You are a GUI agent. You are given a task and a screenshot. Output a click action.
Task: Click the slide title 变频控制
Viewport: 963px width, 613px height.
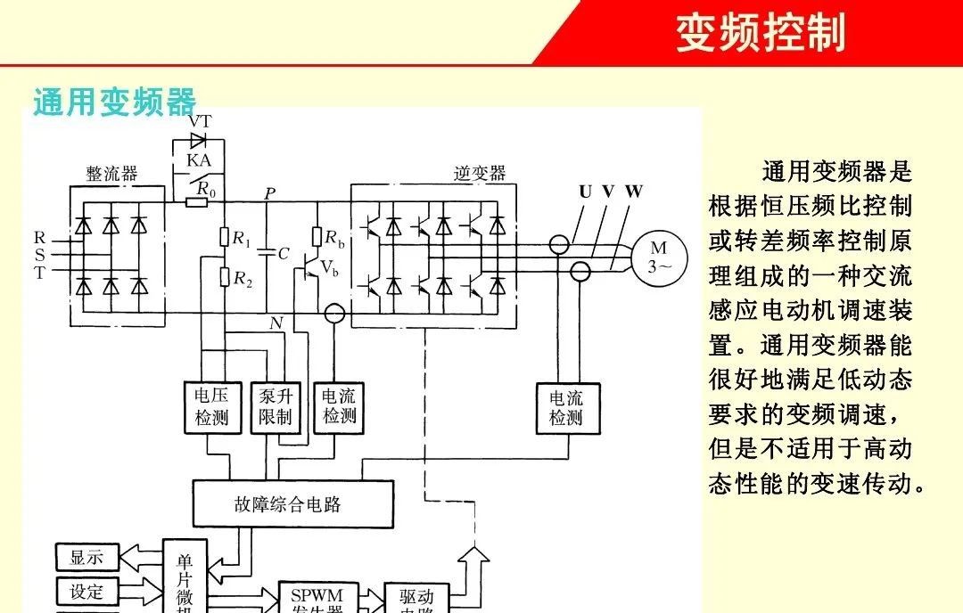coord(761,33)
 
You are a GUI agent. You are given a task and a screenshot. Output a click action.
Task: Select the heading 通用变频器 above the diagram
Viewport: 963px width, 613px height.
coord(114,102)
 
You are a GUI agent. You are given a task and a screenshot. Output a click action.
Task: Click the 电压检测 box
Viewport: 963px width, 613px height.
coord(211,407)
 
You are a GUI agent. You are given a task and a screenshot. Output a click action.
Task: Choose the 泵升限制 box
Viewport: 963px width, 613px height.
coord(276,407)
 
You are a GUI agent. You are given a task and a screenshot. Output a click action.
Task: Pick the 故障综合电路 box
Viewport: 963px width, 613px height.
coord(292,504)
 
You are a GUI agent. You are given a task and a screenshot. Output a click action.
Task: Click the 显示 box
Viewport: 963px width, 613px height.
coord(86,558)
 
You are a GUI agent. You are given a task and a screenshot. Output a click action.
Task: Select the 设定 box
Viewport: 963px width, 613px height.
coord(86,592)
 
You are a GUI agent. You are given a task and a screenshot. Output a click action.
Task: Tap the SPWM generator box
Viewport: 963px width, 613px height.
coord(317,597)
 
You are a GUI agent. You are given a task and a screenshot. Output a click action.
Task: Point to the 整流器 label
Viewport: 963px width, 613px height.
coord(111,174)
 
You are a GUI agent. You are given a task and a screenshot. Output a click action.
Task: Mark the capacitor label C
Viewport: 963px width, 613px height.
coord(284,254)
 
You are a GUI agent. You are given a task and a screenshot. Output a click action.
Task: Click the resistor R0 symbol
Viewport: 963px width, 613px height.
coord(196,202)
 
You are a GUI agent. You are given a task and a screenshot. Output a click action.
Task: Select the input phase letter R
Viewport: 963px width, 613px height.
coord(39,238)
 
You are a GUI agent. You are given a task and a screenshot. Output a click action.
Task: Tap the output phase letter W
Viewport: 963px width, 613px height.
coord(633,192)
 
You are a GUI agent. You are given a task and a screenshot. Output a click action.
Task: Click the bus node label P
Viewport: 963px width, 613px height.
coord(270,192)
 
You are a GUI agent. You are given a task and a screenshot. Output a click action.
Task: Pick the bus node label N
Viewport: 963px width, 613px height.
coord(275,323)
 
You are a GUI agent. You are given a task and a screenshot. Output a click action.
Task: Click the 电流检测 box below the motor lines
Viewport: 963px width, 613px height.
coord(565,408)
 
